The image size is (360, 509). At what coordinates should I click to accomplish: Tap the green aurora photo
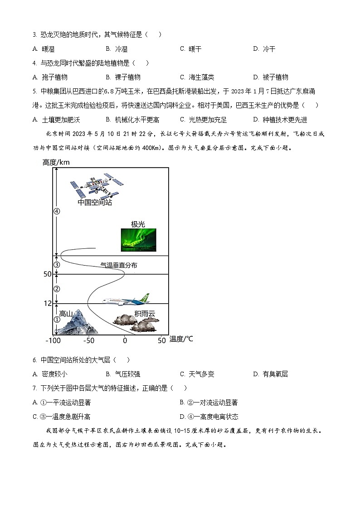point(138,240)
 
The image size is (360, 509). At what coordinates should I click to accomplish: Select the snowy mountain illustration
point(75,323)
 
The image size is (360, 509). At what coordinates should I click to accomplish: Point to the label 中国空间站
point(94,202)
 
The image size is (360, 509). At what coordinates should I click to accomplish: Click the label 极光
point(138,224)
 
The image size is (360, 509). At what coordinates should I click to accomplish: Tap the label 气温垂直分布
point(118,265)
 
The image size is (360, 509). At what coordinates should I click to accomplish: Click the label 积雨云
point(144,313)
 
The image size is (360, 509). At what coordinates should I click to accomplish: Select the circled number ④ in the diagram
point(57,211)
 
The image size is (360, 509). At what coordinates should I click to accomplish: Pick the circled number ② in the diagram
point(57,289)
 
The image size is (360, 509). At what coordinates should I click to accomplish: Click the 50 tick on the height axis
point(48,274)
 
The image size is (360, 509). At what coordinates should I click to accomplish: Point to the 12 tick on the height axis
point(48,304)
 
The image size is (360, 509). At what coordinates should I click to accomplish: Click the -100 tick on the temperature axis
point(53,340)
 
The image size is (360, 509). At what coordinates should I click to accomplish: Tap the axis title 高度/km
point(56,162)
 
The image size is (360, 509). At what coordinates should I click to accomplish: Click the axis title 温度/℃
point(181,339)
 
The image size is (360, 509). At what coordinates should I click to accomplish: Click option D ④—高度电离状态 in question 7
point(209,417)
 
